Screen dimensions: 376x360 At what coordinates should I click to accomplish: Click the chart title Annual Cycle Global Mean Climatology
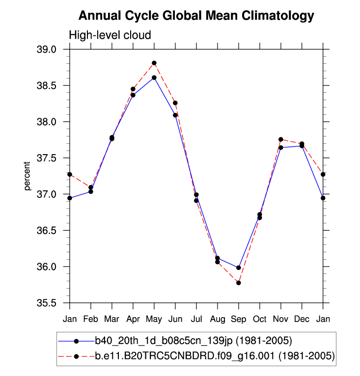click(x=196, y=16)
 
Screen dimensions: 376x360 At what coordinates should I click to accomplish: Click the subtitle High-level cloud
click(x=110, y=35)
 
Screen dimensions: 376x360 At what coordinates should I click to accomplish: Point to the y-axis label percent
click(x=28, y=176)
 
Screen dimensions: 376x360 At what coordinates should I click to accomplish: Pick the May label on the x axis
click(x=154, y=319)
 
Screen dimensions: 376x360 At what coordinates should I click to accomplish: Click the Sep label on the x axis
click(x=238, y=319)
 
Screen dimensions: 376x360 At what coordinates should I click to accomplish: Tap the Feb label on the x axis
click(x=90, y=319)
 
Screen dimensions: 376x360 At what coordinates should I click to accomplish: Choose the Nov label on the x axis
click(x=280, y=319)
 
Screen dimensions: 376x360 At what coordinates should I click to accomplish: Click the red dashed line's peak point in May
click(x=154, y=63)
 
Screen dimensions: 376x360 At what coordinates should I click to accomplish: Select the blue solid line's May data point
click(x=154, y=78)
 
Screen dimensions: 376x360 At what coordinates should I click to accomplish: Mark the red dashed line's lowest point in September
click(x=239, y=283)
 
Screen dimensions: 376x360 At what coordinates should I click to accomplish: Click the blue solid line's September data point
click(x=239, y=268)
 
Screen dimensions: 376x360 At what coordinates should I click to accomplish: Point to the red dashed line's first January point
click(x=70, y=174)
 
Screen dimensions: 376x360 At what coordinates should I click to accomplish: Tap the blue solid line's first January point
click(x=70, y=198)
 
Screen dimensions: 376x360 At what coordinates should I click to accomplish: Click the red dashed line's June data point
click(x=175, y=103)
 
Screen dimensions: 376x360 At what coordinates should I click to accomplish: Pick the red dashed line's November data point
click(x=281, y=139)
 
